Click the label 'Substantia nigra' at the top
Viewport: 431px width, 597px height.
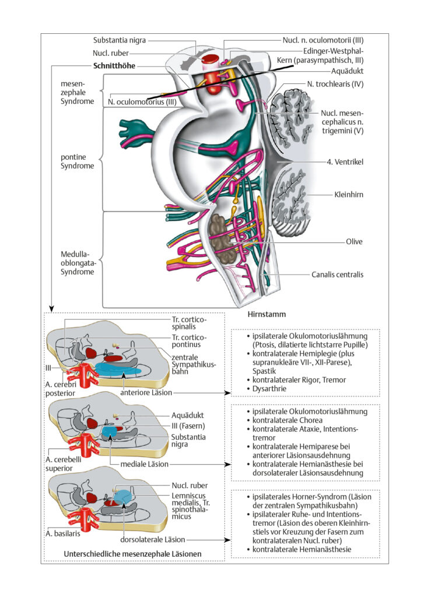pyautogui.click(x=119, y=40)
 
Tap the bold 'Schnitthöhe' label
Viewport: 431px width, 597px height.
pyautogui.click(x=114, y=65)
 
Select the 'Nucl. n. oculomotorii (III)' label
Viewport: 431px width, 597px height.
pyautogui.click(x=323, y=40)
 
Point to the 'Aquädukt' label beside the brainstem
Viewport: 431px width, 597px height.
pyautogui.click(x=347, y=71)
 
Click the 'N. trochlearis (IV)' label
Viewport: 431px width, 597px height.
pyautogui.click(x=335, y=84)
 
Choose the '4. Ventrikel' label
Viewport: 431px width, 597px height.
pyautogui.click(x=345, y=161)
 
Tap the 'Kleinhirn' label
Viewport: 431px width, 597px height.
pyautogui.click(x=349, y=194)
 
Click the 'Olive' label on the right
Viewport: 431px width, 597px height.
pyautogui.click(x=354, y=241)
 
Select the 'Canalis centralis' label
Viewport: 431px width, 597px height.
pyautogui.click(x=337, y=274)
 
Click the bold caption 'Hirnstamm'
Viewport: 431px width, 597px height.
pyautogui.click(x=267, y=314)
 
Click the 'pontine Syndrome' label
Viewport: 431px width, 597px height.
pyautogui.click(x=78, y=161)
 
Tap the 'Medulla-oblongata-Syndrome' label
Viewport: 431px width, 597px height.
pyautogui.click(x=78, y=263)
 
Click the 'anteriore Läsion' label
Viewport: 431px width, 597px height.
pyautogui.click(x=146, y=392)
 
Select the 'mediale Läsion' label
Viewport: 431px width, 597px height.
pyautogui.click(x=144, y=464)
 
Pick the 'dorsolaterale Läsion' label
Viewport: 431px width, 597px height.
pyautogui.click(x=153, y=539)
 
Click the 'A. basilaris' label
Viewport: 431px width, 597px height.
pyautogui.click(x=63, y=533)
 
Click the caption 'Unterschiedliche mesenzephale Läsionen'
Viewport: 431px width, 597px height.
pyautogui.click(x=132, y=554)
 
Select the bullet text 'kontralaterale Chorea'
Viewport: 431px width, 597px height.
pyautogui.click(x=288, y=420)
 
